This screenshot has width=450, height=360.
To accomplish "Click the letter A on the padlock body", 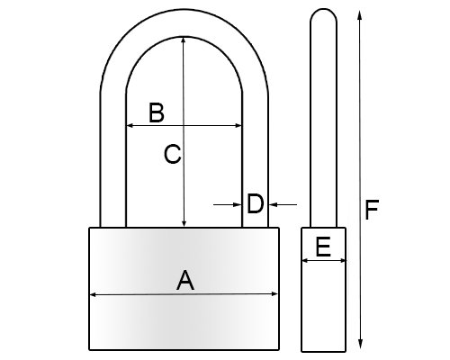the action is [185, 280].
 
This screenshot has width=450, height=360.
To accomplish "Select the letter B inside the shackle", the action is [157, 112].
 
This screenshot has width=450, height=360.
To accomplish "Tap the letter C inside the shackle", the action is [173, 154].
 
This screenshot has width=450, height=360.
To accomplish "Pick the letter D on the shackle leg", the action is [255, 204].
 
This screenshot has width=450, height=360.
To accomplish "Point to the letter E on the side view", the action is [323, 247].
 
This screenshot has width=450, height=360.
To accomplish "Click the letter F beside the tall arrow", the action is [372, 210].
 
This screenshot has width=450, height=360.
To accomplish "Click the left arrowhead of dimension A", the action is [93, 295].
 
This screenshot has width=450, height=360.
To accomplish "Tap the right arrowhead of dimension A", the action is [274, 293].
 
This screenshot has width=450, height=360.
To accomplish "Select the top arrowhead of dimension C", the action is [184, 40].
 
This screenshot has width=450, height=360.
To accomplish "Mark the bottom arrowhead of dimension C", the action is [184, 223].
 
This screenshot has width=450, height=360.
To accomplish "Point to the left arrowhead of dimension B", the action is [130, 125].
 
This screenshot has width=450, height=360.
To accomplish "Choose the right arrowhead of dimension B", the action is [238, 125].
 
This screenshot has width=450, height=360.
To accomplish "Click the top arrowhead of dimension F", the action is [359, 14].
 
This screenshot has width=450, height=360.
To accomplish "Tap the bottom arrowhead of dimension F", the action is [361, 344].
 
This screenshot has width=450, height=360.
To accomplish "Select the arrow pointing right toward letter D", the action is [228, 204].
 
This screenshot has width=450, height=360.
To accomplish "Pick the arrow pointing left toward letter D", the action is [283, 204].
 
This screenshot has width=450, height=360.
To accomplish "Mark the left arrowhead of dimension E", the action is [305, 261].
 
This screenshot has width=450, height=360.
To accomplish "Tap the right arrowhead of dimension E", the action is [342, 261].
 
